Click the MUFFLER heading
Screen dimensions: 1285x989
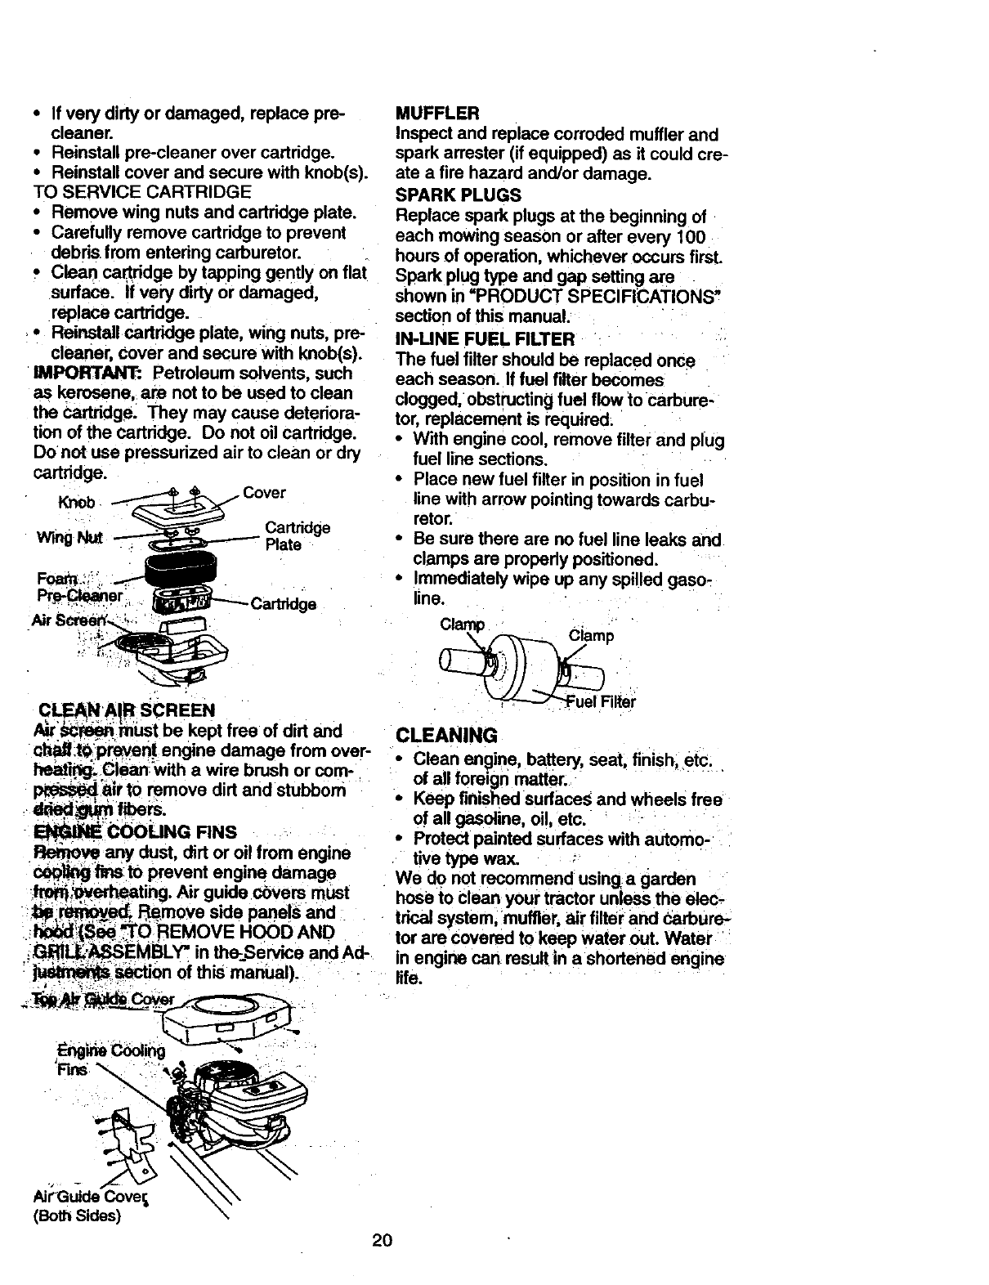436,112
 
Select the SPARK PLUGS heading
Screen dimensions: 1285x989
458,195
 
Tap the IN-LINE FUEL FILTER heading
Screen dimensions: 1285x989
485,338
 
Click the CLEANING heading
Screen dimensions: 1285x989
445,734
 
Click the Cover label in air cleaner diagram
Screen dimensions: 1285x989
264,493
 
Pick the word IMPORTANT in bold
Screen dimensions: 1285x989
80,374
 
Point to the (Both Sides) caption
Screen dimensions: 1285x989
77,1215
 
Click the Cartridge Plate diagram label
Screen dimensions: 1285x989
298,536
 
